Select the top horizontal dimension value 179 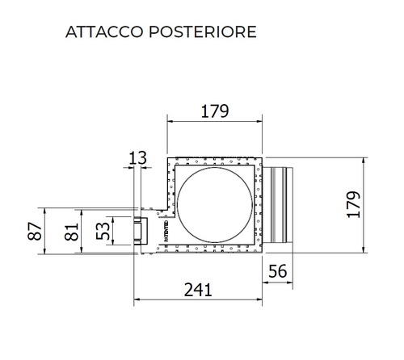(x=214, y=111)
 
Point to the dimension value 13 (x=138, y=157)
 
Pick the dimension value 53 (x=103, y=231)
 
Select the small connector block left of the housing (x=141, y=231)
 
